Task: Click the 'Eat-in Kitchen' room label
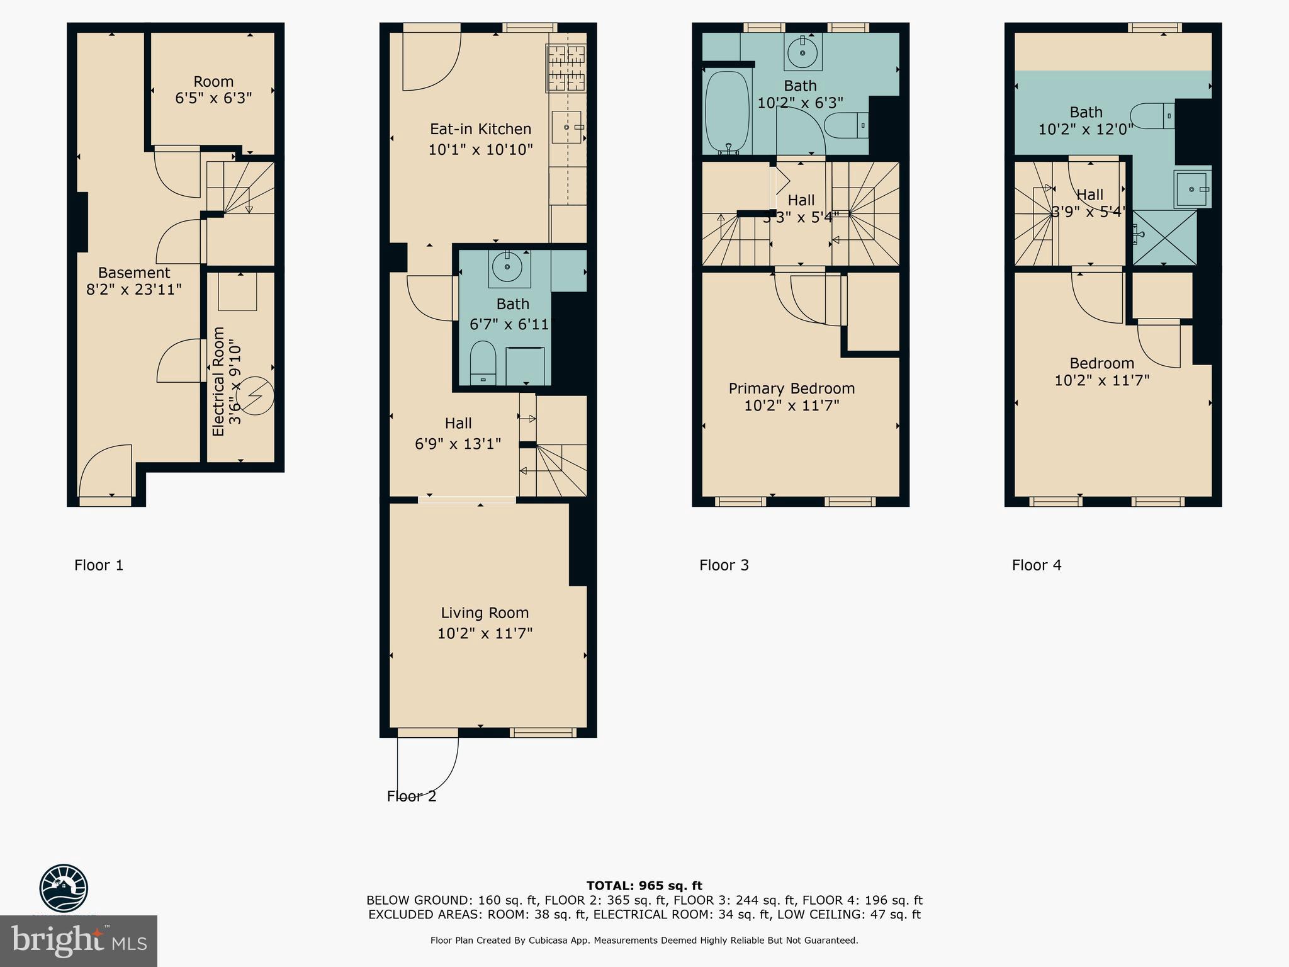tap(480, 129)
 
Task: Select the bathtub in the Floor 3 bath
tap(727, 112)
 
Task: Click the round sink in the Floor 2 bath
tap(507, 268)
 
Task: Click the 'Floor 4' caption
tap(1036, 565)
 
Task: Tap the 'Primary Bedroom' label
tap(791, 388)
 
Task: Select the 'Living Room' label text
tap(484, 613)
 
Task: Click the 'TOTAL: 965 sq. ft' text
tap(644, 886)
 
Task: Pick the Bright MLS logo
tap(78, 941)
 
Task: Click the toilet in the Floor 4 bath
tap(1152, 116)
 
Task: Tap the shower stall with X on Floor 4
tap(1164, 237)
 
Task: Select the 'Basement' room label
tap(133, 273)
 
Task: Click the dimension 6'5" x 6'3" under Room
tap(213, 99)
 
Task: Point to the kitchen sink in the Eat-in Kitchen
tap(566, 127)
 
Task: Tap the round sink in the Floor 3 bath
tap(802, 52)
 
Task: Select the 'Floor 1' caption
tap(99, 565)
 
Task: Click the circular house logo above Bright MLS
tap(64, 888)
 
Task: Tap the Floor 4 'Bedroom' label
tap(1101, 363)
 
